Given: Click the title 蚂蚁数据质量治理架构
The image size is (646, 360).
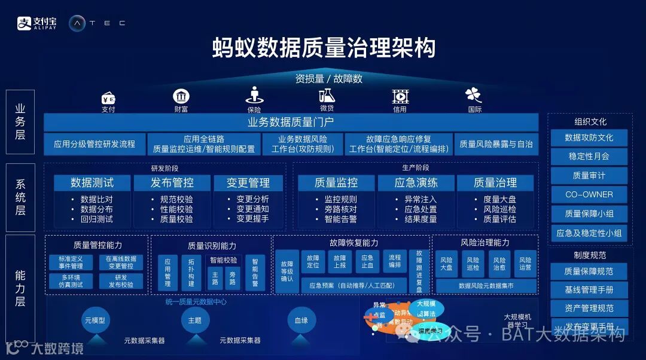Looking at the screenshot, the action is [x=324, y=48].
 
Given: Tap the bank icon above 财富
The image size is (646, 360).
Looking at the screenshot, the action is [x=181, y=96].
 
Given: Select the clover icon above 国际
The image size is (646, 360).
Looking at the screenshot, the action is [x=474, y=95].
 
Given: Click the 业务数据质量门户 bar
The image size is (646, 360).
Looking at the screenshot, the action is [x=291, y=123].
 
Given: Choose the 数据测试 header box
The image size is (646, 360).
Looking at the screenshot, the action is [x=92, y=182].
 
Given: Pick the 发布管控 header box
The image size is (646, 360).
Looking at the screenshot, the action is [x=172, y=182].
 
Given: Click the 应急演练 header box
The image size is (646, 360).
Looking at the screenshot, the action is [x=416, y=182].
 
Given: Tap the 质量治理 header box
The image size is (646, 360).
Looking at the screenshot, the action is [x=495, y=182].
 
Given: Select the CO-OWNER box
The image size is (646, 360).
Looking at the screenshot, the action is [x=589, y=194].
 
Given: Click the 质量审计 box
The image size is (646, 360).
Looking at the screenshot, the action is [x=589, y=175].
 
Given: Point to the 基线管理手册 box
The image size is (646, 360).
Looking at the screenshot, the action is [x=589, y=290].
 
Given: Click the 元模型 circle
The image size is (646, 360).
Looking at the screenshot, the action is [x=95, y=321].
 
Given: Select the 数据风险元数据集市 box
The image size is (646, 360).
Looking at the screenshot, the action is [x=486, y=286].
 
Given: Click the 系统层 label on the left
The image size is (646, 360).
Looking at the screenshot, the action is [x=20, y=197].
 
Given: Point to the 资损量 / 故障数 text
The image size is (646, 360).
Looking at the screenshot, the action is [x=328, y=78].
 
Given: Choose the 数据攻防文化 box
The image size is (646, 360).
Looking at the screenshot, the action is [x=589, y=138].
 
